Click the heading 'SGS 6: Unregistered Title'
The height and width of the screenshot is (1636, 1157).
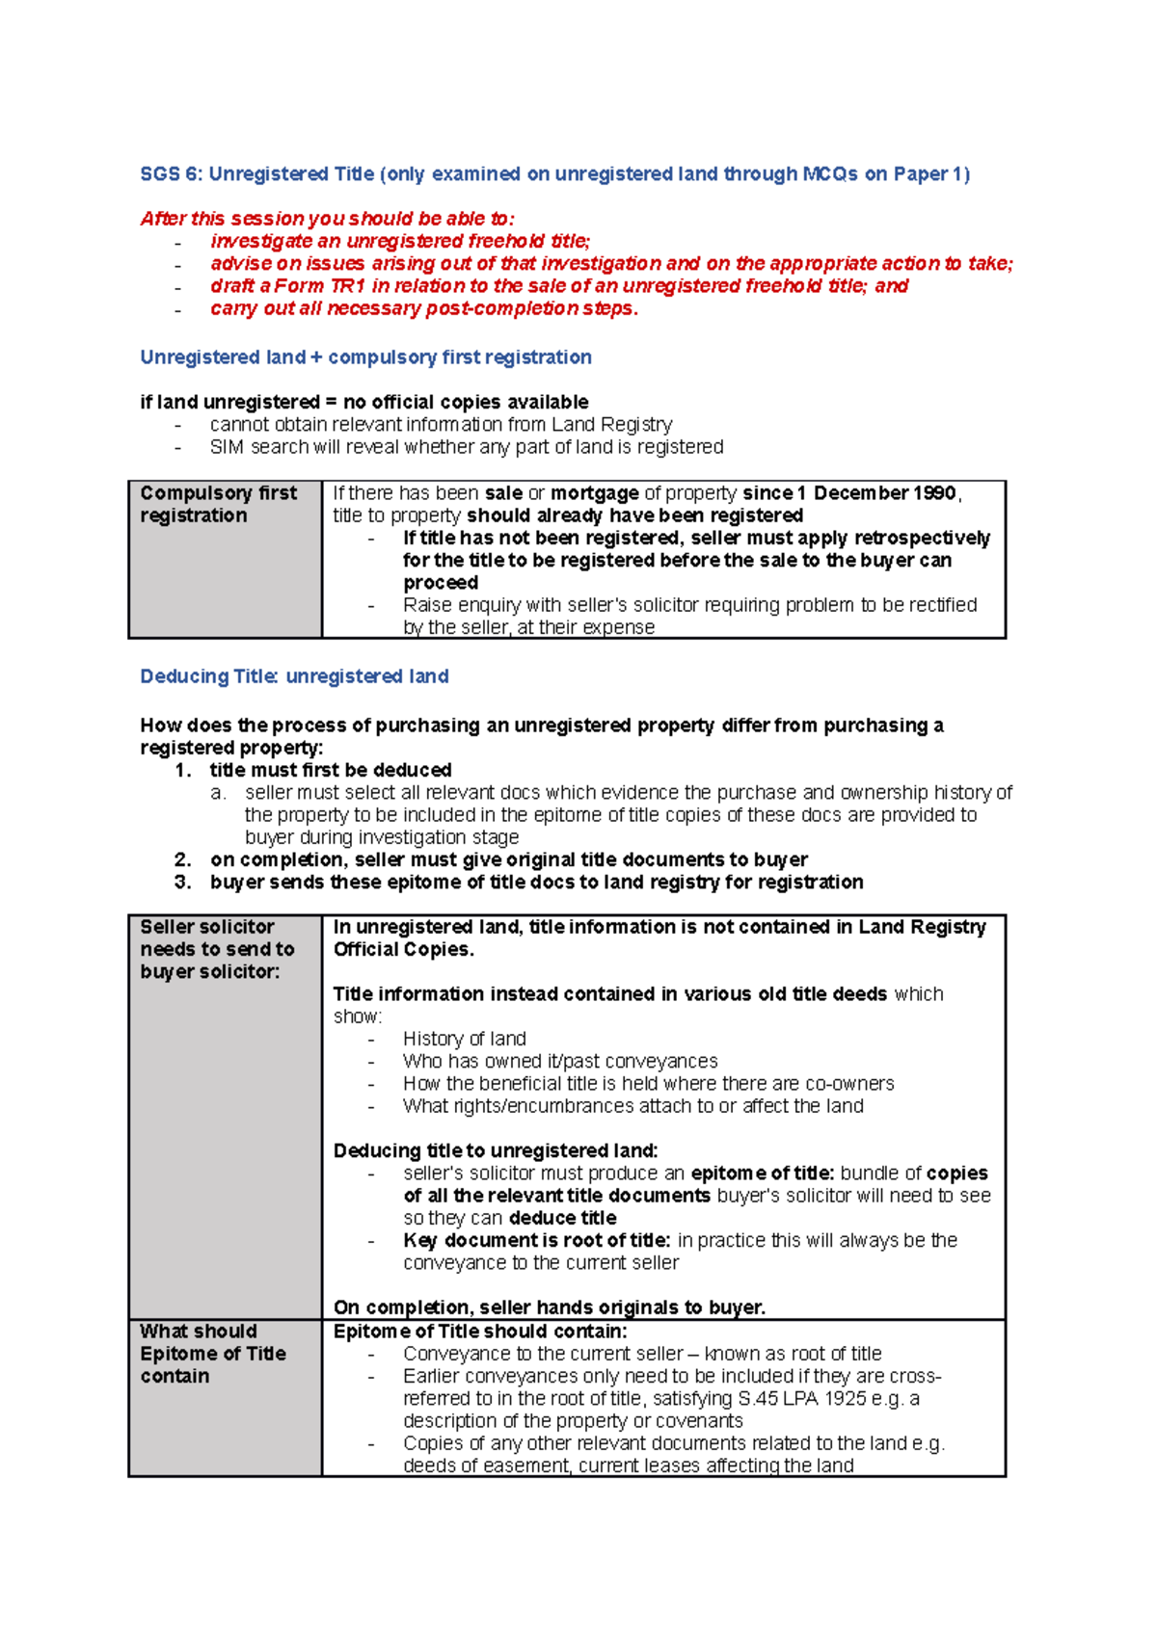pyautogui.click(x=258, y=174)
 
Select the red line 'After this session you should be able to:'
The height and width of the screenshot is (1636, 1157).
pyautogui.click(x=327, y=219)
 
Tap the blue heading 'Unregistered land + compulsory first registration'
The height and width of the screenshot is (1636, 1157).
pyautogui.click(x=365, y=357)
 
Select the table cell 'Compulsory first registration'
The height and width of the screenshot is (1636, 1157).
pyautogui.click(x=218, y=504)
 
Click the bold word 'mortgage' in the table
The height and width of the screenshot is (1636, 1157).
pyautogui.click(x=594, y=493)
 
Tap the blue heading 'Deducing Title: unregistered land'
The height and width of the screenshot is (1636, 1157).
pyautogui.click(x=294, y=676)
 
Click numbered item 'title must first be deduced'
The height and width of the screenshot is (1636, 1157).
pyautogui.click(x=330, y=770)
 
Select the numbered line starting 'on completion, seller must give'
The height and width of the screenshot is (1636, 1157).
pyautogui.click(x=508, y=859)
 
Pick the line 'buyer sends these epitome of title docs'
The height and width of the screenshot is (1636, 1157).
pyautogui.click(x=536, y=882)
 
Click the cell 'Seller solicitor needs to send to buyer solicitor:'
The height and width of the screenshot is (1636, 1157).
pyautogui.click(x=217, y=949)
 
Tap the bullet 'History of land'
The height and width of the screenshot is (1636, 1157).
pyautogui.click(x=464, y=1039)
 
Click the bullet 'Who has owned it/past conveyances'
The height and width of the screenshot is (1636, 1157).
pyautogui.click(x=559, y=1061)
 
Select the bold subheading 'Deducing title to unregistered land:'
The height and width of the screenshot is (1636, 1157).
pyautogui.click(x=495, y=1150)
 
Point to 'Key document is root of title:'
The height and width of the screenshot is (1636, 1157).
pyautogui.click(x=536, y=1240)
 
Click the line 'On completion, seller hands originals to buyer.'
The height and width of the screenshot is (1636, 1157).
pyautogui.click(x=549, y=1307)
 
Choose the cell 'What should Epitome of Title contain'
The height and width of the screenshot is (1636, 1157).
pyautogui.click(x=212, y=1354)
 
